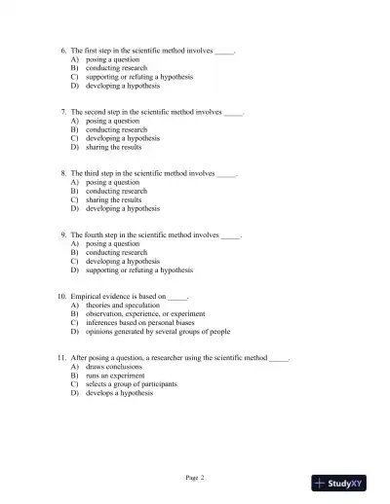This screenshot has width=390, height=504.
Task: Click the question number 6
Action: point(63,50)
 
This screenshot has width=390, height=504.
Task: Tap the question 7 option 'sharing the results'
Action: point(114,147)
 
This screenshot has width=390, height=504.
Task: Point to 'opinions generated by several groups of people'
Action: point(158,332)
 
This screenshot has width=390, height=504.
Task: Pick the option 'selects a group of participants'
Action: point(132,384)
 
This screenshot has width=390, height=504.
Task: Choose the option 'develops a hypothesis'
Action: point(122,393)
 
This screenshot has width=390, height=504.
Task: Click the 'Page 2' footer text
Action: point(195,478)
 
